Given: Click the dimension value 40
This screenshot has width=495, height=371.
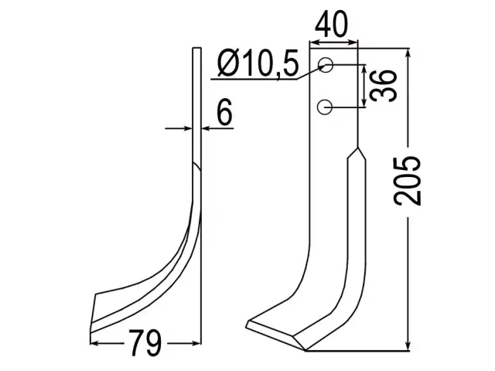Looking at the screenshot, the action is (x=331, y=24).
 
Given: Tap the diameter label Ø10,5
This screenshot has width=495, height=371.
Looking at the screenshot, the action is (x=258, y=63).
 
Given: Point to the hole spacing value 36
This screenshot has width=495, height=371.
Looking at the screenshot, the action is (x=383, y=86).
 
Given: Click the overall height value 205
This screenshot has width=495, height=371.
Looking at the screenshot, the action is (x=408, y=180).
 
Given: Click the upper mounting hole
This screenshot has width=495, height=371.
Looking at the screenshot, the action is (x=325, y=65).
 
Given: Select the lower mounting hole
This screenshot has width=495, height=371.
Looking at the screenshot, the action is (x=325, y=107).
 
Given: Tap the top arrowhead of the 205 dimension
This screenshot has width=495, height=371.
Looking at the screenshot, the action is (x=408, y=53).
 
